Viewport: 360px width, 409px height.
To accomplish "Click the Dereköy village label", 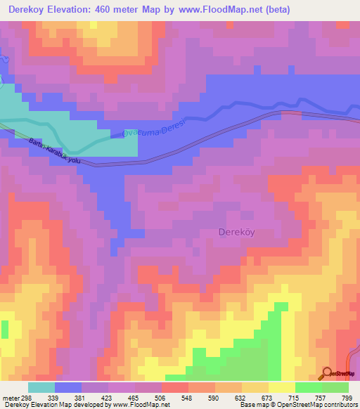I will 238,232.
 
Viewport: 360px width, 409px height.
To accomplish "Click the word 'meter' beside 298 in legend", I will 11,398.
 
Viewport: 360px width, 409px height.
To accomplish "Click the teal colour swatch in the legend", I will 41,387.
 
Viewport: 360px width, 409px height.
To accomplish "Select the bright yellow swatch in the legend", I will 282,387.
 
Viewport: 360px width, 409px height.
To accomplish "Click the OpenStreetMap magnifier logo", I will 326,373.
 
